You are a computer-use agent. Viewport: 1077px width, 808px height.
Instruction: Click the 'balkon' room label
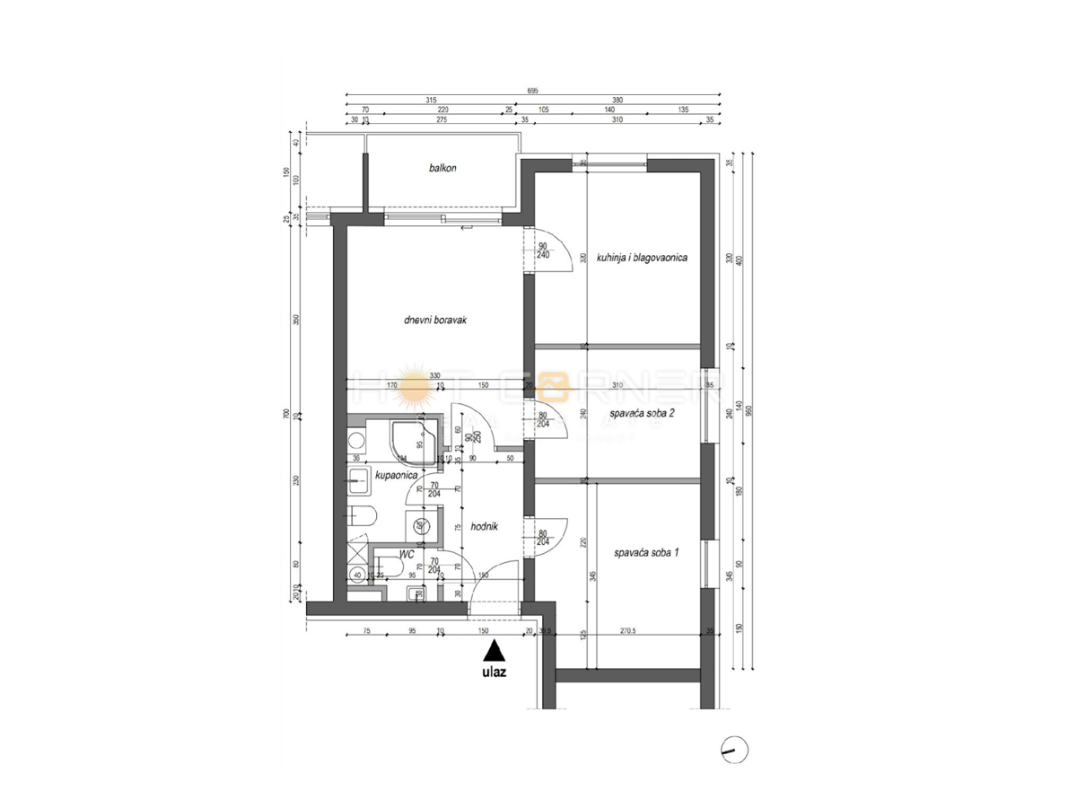tap(442, 168)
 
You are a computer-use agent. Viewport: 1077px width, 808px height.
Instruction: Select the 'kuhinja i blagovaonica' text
tap(642, 258)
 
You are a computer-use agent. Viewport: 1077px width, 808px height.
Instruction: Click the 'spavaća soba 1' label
tap(646, 554)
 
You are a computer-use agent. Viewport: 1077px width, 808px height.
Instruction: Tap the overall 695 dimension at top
tap(533, 91)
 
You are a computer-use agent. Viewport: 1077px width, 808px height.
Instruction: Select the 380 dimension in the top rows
tap(617, 101)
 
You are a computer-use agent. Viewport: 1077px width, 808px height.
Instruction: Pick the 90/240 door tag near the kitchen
tap(543, 250)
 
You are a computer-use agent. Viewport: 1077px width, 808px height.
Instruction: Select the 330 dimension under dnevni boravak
tap(434, 375)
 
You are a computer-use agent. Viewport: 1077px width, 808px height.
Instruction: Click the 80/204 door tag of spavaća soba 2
tap(543, 419)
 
